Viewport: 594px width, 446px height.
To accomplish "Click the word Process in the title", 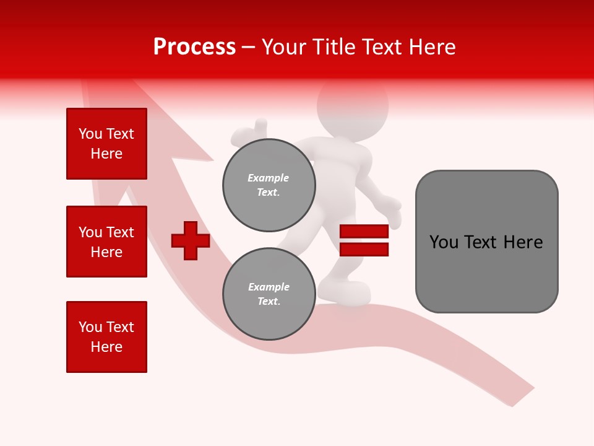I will point(194,47).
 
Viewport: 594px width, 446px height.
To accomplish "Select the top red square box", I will point(106,144).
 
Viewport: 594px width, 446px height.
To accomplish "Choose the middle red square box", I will point(106,242).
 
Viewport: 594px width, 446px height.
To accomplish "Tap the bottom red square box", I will point(106,337).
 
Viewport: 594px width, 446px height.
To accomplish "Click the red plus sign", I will point(191,240).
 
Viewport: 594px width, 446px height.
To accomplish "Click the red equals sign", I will point(364,240).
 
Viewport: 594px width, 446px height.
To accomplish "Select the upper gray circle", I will point(269,185).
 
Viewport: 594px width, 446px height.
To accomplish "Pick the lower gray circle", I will point(269,294).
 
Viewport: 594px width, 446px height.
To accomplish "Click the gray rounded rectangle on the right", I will point(486,242).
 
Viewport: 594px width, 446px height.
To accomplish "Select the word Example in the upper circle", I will point(269,178).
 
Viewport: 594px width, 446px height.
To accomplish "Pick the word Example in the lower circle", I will point(269,287).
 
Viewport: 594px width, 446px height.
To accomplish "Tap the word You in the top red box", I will point(90,134).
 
